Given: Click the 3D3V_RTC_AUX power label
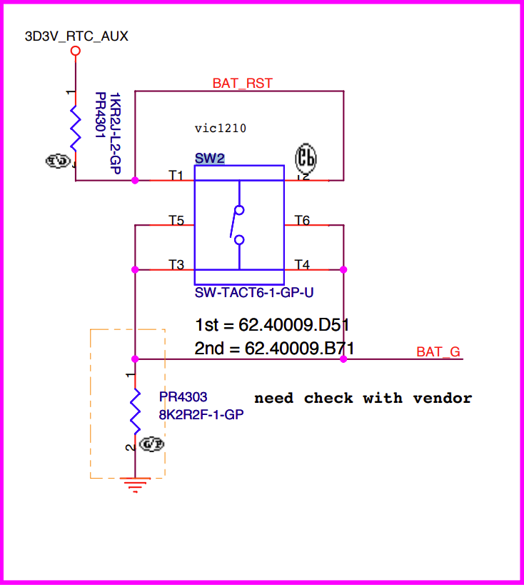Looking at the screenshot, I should (x=76, y=36).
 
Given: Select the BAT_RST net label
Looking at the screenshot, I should (x=242, y=84).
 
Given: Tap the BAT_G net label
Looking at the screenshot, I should (x=438, y=351).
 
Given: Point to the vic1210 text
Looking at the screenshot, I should (x=220, y=129).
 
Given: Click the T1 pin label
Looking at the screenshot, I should (x=176, y=175).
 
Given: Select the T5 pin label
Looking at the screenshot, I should (x=176, y=221).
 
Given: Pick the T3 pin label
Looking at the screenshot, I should (x=176, y=265).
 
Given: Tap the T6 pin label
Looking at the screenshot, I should (x=302, y=221).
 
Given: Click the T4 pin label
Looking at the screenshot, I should (x=302, y=265).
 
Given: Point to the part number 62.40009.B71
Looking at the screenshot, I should (x=300, y=349).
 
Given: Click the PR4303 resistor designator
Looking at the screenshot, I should (x=183, y=396).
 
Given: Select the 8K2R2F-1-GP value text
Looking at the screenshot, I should (x=201, y=414).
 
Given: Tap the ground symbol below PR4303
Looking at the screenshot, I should (x=135, y=485).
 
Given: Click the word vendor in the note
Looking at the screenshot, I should (x=443, y=398).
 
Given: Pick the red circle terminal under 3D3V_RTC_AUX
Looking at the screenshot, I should (x=75, y=51).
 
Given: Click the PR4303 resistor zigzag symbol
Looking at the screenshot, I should (x=135, y=410).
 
